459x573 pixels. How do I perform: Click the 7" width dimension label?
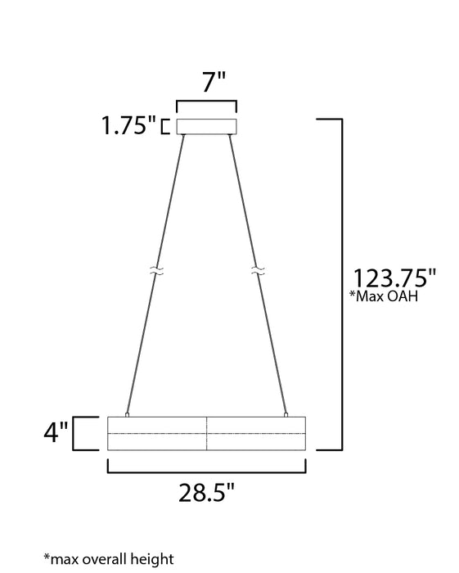[214, 82]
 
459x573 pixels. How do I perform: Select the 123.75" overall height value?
[394, 278]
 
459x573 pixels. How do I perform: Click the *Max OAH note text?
[384, 296]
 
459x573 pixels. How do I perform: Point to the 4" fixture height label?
[56, 432]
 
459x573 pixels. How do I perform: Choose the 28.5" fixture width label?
[206, 493]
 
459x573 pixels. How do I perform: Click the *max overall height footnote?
[109, 559]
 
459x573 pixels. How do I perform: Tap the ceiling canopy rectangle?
[207, 126]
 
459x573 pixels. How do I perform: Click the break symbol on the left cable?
[157, 271]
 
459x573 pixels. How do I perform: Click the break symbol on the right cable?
[258, 271]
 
